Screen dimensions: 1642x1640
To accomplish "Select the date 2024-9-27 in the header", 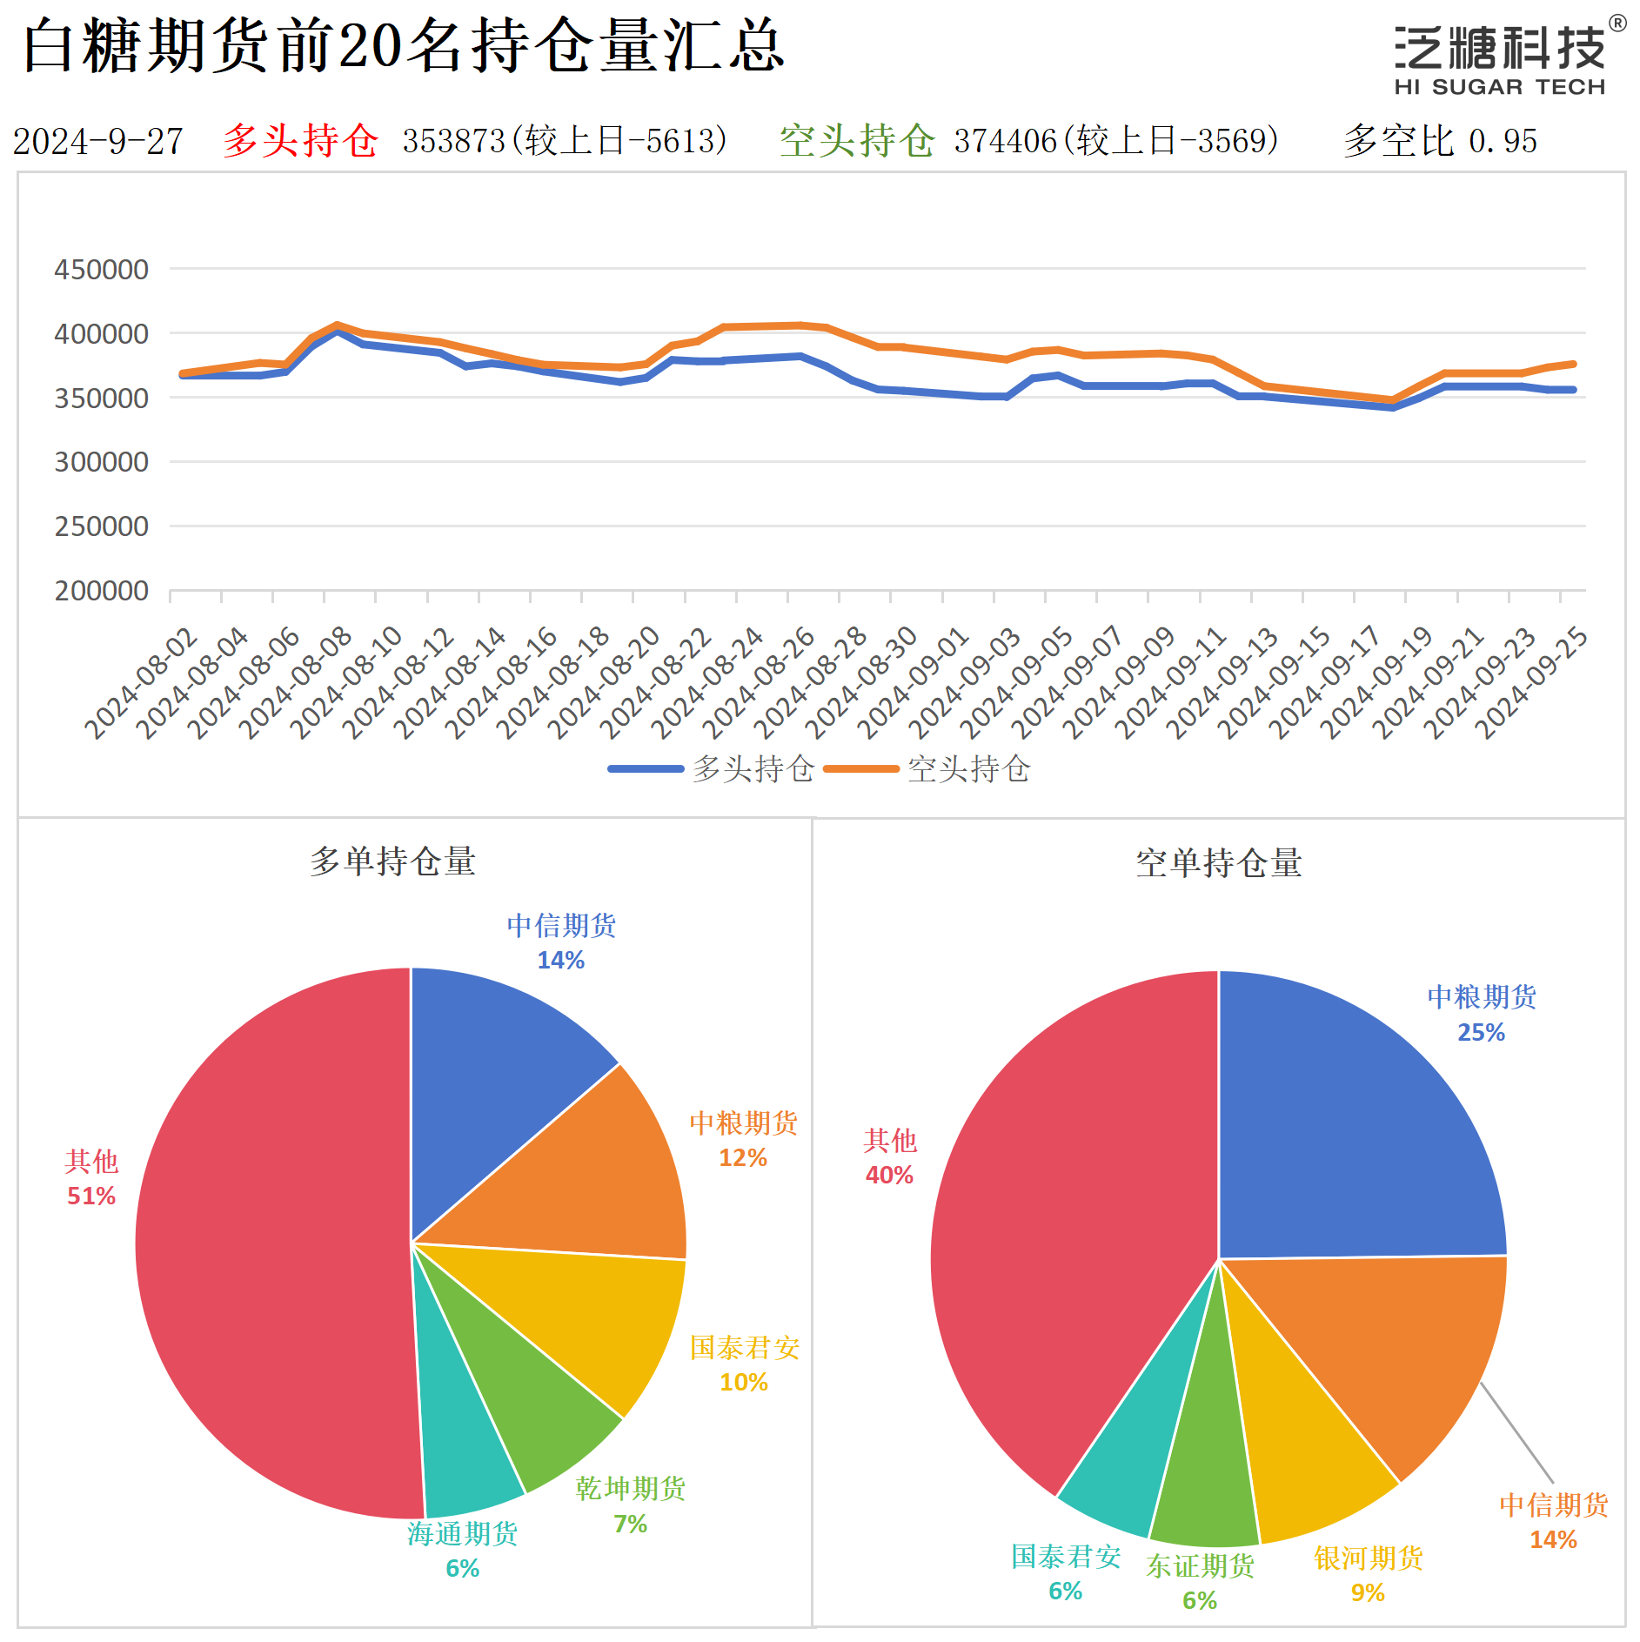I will coord(97,142).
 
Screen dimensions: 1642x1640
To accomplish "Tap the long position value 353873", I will coord(453,141).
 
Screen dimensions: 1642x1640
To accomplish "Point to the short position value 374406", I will coord(1005,141).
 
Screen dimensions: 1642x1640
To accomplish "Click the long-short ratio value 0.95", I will coord(1503,141).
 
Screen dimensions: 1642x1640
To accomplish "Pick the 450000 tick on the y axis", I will coord(101,270).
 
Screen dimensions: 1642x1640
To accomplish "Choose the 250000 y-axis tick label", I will coord(101,526).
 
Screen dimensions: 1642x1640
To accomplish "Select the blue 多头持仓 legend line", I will coord(645,769).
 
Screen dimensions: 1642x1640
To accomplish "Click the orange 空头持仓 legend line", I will coord(860,769).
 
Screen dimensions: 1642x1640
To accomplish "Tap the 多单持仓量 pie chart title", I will coord(392,861).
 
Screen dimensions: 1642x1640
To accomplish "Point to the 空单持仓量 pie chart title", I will coord(1218,863).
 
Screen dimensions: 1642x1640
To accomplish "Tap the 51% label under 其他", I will coord(91,1196).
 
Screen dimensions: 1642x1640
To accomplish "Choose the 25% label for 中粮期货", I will coord(1481,1032).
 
